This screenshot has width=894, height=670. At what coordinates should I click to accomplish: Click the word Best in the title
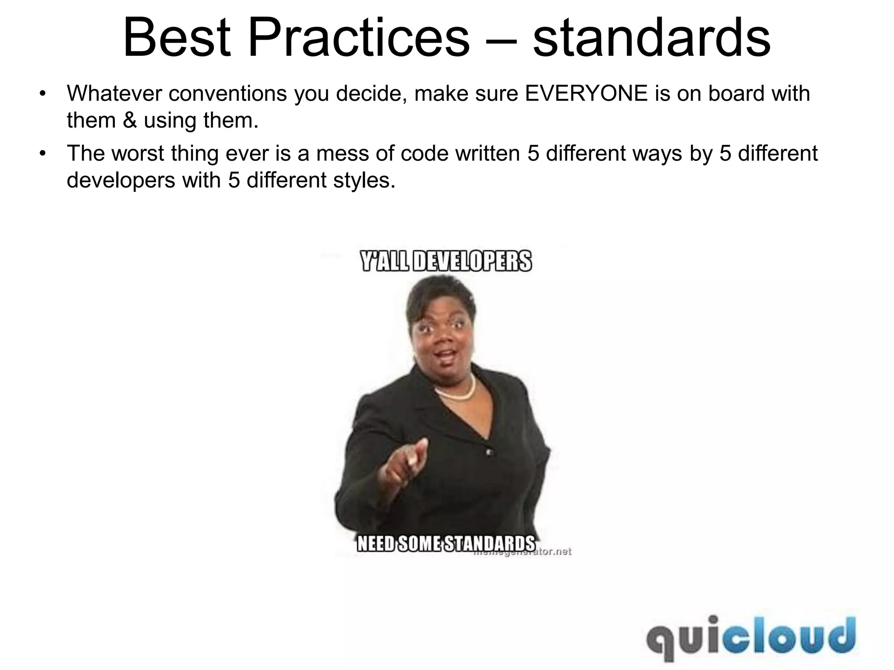[x=177, y=38]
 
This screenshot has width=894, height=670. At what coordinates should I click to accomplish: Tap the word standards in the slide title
[x=652, y=38]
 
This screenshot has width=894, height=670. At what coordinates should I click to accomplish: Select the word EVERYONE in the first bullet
[x=586, y=93]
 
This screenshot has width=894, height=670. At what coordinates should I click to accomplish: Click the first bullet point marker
[x=42, y=93]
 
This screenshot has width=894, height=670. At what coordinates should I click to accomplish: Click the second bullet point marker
[x=42, y=153]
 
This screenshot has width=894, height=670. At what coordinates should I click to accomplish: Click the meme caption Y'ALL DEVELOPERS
[x=447, y=261]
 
